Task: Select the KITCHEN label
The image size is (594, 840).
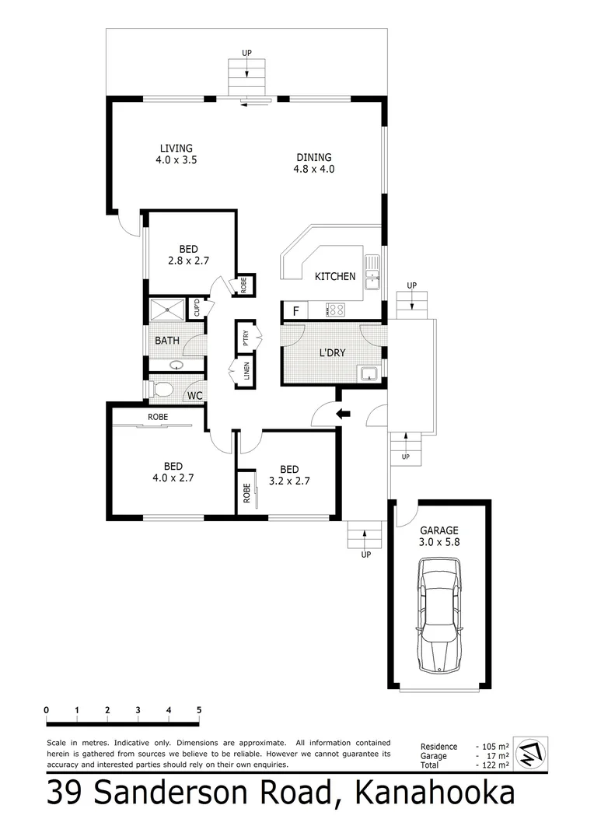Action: [x=335, y=276]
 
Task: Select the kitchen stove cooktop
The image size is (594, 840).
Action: [x=336, y=310]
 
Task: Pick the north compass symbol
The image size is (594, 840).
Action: [x=531, y=753]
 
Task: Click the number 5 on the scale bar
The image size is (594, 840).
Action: [x=199, y=710]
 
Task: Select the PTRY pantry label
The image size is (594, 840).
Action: [x=246, y=338]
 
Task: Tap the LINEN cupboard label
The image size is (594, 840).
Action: [x=246, y=372]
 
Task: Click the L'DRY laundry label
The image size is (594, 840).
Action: [x=332, y=352]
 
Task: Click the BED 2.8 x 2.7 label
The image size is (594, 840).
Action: [x=189, y=255]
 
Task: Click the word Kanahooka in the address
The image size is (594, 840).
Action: [x=435, y=794]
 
